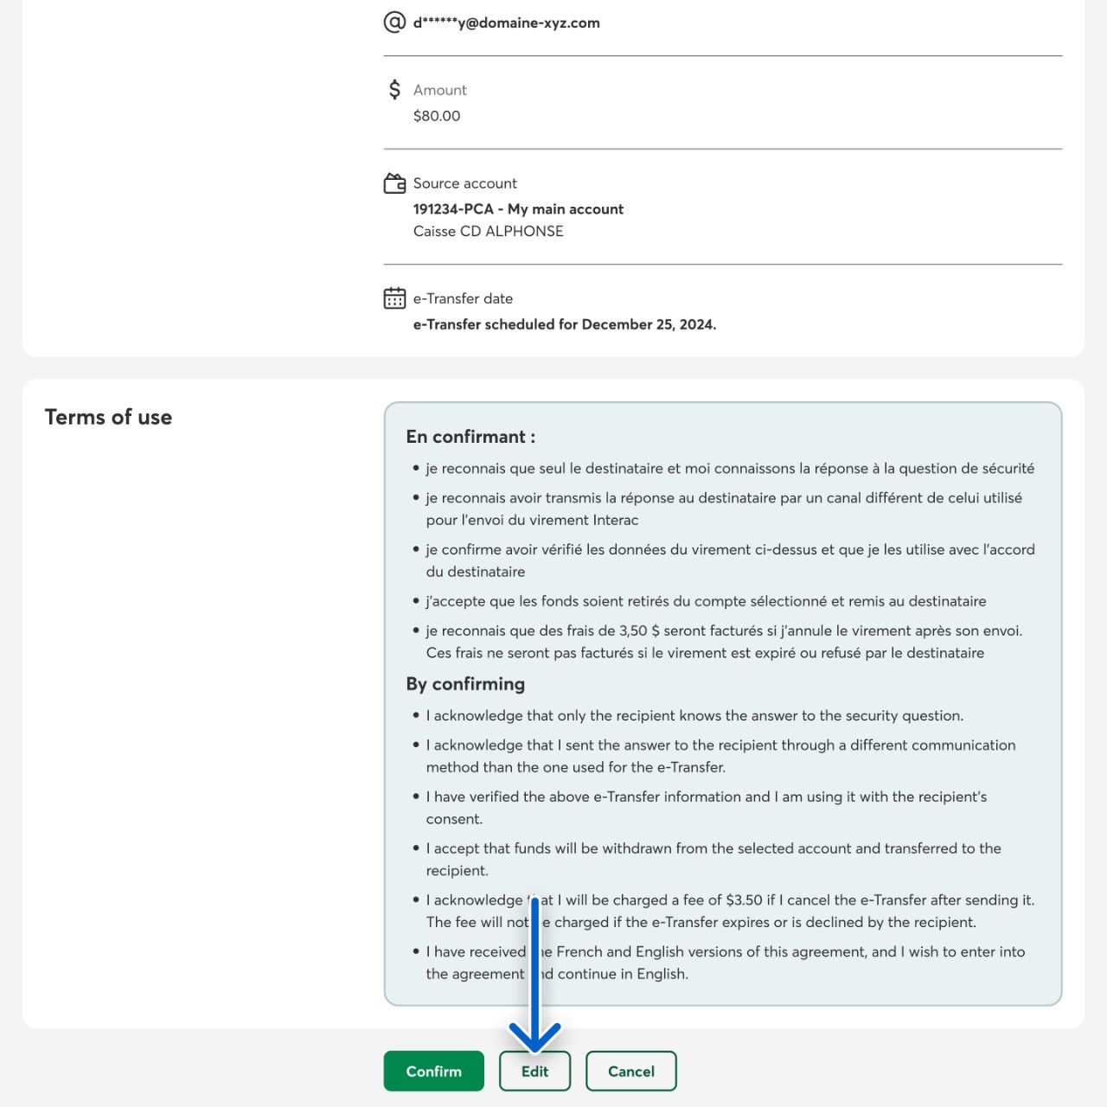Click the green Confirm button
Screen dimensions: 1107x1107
coord(433,1071)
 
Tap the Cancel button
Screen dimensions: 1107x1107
coord(630,1071)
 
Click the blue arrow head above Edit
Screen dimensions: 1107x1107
coord(534,1036)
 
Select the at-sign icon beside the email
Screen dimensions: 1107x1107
coord(394,22)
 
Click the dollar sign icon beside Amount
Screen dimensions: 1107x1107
coord(394,89)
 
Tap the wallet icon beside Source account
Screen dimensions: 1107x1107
coord(394,183)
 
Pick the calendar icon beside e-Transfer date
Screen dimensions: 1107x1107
coord(394,298)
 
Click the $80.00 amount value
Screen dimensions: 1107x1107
coord(437,116)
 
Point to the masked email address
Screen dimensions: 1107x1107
coord(506,23)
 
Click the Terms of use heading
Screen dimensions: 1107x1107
coord(108,417)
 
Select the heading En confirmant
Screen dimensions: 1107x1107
coord(470,437)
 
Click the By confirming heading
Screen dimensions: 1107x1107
coord(465,684)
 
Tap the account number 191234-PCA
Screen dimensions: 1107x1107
coord(453,209)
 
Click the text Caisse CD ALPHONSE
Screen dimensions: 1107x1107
coord(488,231)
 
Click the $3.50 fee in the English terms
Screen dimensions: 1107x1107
coord(744,900)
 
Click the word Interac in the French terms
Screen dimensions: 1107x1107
coord(615,520)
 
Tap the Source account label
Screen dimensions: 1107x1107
coord(464,183)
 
